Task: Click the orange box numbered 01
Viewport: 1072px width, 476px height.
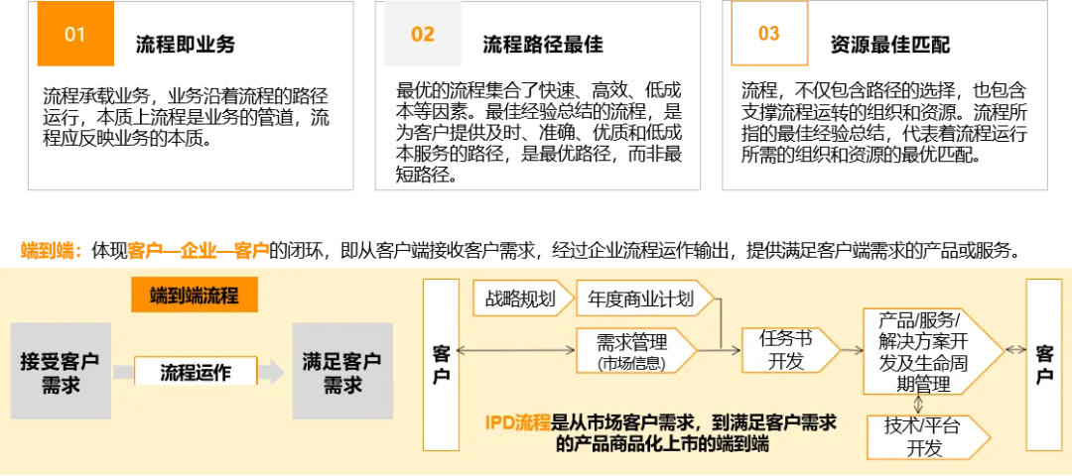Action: (x=75, y=35)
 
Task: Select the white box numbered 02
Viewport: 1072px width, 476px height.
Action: (x=424, y=35)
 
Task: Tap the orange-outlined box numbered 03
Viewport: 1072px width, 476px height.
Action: (x=770, y=35)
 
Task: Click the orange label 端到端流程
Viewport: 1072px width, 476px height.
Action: (x=195, y=296)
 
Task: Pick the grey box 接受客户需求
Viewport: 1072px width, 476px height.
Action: (x=61, y=371)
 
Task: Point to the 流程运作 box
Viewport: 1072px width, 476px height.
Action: (x=196, y=372)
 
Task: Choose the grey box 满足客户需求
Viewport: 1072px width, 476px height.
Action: (x=341, y=371)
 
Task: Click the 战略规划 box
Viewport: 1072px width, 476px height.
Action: (x=521, y=298)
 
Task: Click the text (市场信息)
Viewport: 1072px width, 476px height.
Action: (x=631, y=363)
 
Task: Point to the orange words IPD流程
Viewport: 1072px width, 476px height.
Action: (x=517, y=423)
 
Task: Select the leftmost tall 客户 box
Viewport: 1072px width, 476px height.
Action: (x=441, y=364)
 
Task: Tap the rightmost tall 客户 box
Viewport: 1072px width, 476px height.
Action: (x=1043, y=364)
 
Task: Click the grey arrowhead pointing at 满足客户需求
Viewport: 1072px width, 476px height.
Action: (x=272, y=372)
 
